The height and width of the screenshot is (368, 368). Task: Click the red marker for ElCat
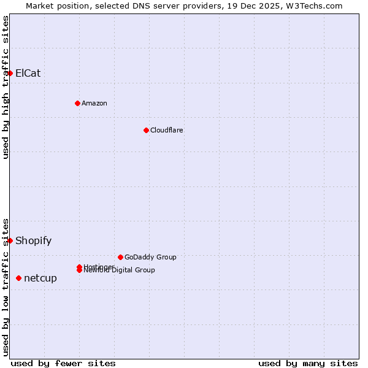10,73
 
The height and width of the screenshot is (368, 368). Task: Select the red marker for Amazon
77,103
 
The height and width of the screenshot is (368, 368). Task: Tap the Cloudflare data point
146,130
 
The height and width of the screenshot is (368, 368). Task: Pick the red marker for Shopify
10,240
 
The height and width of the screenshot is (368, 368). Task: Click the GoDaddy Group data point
120,257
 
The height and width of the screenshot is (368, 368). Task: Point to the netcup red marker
18,278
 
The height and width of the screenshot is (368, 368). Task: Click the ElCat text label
28,73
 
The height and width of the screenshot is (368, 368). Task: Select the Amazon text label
94,103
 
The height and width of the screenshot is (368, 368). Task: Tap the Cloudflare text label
166,130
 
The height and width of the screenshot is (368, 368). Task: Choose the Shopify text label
33,240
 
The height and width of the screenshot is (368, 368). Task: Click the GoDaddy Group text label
150,257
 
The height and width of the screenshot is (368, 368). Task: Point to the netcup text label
40,278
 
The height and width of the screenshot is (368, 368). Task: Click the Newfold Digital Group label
119,270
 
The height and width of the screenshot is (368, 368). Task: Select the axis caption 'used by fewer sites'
63,363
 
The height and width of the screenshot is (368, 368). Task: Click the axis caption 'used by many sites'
308,363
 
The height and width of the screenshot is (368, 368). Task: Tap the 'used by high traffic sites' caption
6,86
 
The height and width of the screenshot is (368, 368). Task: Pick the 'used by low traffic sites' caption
6,286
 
